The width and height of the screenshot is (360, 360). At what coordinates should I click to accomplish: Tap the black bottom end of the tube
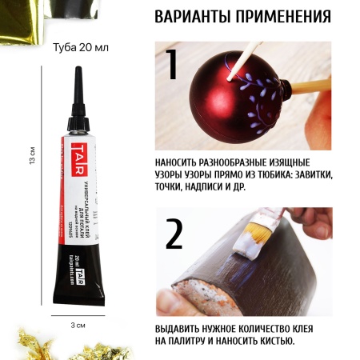click(x=78, y=287)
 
